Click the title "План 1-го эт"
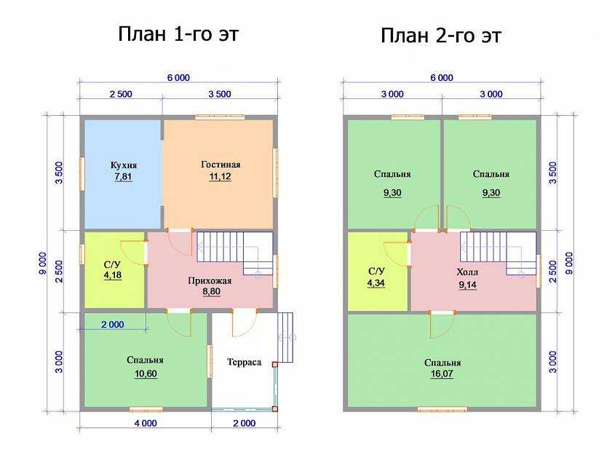tap(178, 34)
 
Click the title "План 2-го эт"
tap(441, 36)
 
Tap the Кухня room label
tap(124, 165)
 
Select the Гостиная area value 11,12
tap(220, 176)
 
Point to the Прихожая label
tap(210, 280)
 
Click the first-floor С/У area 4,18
tap(113, 275)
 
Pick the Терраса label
tap(245, 362)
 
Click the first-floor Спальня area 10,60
tap(146, 374)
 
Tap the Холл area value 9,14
tap(468, 285)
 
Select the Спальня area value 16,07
tap(442, 374)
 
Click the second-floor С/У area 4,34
tap(376, 283)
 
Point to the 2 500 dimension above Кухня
tap(121, 94)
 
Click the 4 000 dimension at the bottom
tap(146, 423)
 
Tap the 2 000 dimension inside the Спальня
tap(113, 325)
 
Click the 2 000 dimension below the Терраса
tap(245, 423)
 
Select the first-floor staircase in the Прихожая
tap(235, 253)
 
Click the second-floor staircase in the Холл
tap(498, 253)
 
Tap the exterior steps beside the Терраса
tap(285, 337)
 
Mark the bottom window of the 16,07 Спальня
tap(442, 409)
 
